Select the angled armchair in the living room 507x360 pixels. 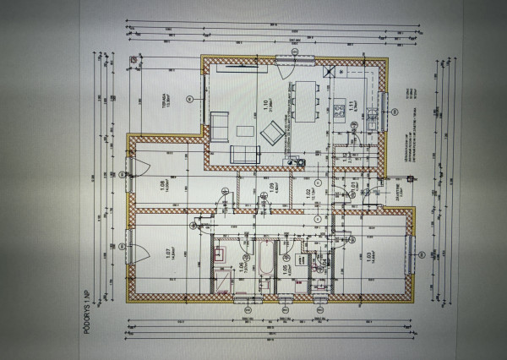pos(272,133)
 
